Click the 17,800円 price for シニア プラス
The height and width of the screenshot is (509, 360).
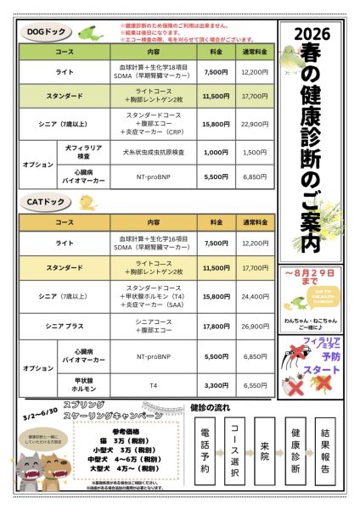point(216,326)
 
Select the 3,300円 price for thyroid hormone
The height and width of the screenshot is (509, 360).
point(216,384)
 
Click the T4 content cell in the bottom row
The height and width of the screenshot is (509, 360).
point(154,384)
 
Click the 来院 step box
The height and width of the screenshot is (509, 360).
point(265,450)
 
